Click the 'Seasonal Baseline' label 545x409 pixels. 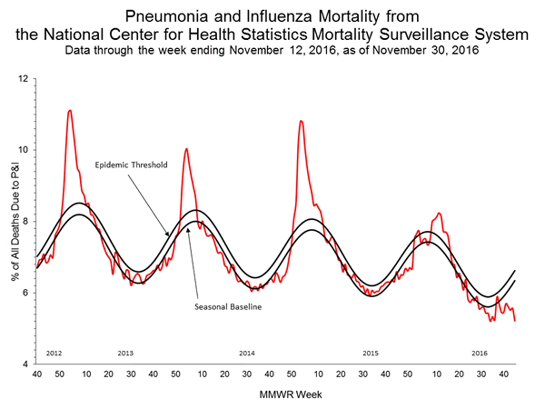[x=228, y=306]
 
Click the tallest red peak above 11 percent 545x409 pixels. [x=70, y=111]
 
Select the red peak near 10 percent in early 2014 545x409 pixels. [x=186, y=148]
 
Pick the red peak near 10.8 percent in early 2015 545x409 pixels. [x=301, y=121]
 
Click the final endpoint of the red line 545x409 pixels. [x=515, y=321]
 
